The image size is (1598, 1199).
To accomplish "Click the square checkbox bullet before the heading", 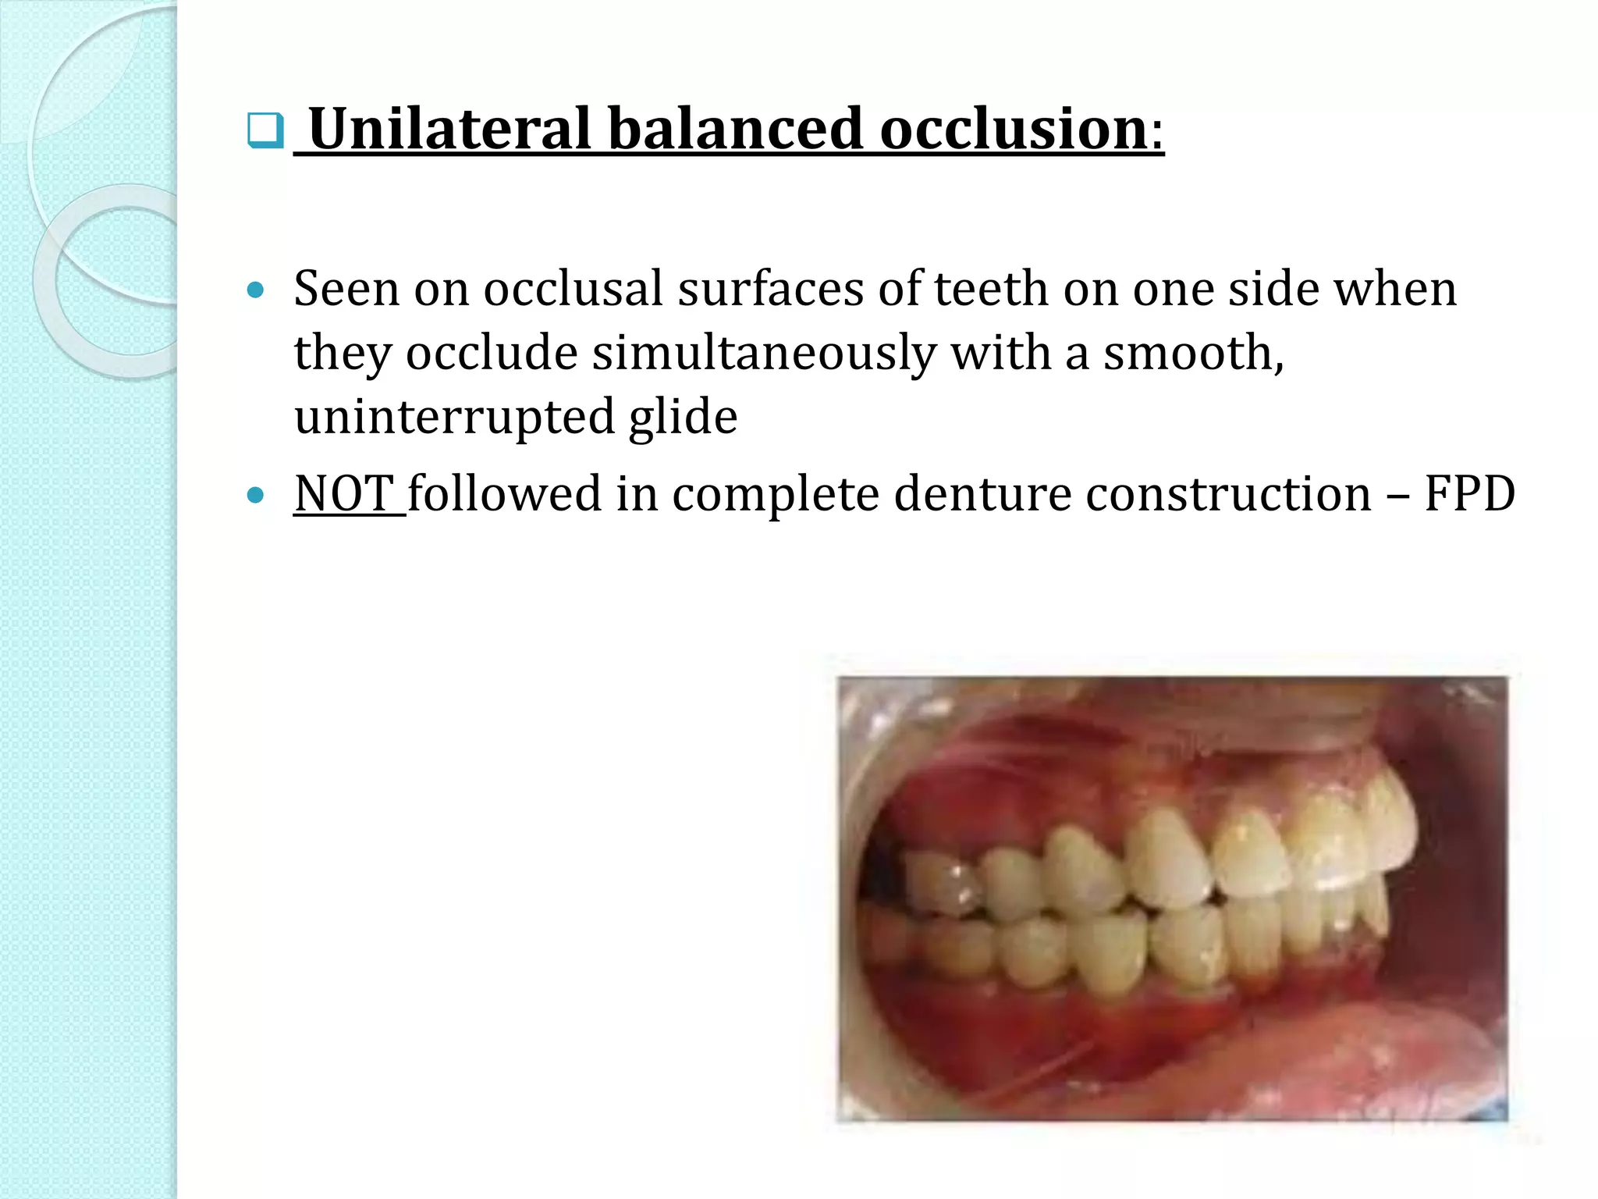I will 265,130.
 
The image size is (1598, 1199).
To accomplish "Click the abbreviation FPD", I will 1469,493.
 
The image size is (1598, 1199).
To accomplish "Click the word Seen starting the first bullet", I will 346,289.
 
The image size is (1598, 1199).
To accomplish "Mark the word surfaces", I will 769,289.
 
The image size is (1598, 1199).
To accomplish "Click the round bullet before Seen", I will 255,291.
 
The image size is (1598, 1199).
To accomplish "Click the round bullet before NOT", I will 255,495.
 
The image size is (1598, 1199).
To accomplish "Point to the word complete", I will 775,495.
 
